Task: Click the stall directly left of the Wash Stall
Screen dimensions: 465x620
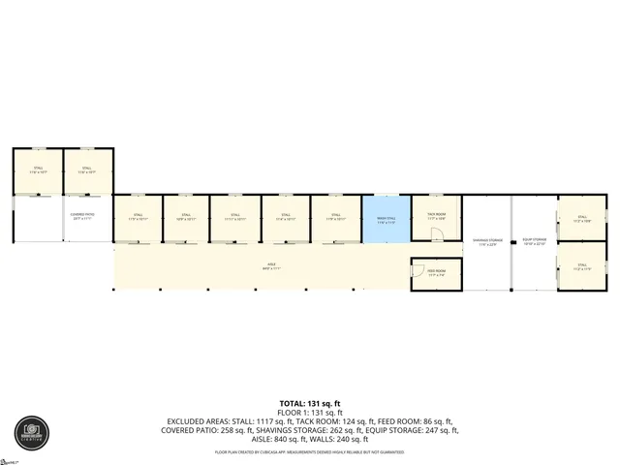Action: click(335, 220)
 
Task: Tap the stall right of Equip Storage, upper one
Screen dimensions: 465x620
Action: click(581, 219)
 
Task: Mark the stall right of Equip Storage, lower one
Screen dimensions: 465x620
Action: click(581, 267)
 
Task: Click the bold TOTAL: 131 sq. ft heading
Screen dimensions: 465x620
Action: click(310, 402)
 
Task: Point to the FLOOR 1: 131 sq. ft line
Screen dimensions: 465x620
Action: click(310, 412)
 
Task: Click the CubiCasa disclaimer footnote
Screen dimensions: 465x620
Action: click(310, 451)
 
